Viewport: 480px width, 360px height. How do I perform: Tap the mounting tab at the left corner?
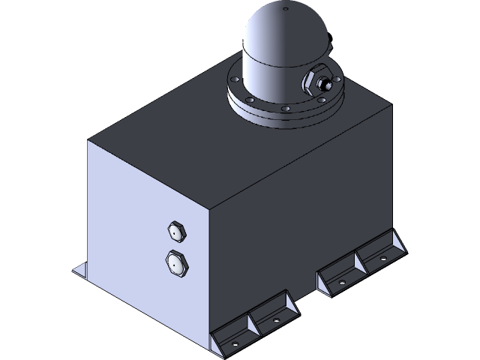pos(79,269)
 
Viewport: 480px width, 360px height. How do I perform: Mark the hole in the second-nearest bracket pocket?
pos(274,320)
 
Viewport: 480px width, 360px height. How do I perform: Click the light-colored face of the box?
pos(142,225)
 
